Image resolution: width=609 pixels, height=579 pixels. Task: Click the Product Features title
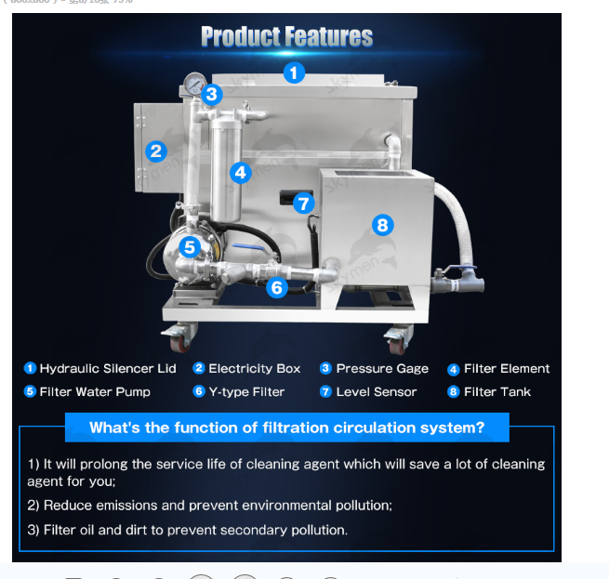pos(286,37)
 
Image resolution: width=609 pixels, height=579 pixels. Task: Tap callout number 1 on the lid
pos(294,72)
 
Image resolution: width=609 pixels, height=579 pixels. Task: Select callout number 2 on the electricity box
pos(156,151)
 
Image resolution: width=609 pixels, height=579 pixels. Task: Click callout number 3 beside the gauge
pos(212,94)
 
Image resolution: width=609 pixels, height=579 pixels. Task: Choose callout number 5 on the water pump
pos(190,247)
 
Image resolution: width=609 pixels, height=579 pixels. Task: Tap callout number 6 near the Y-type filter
pos(276,288)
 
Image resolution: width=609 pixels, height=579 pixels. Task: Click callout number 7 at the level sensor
pos(304,204)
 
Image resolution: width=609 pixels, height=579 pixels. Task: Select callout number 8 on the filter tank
pos(382,224)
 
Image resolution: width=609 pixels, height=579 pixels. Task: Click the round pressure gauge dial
pos(192,84)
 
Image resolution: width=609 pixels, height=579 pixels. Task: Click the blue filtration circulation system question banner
pos(286,428)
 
